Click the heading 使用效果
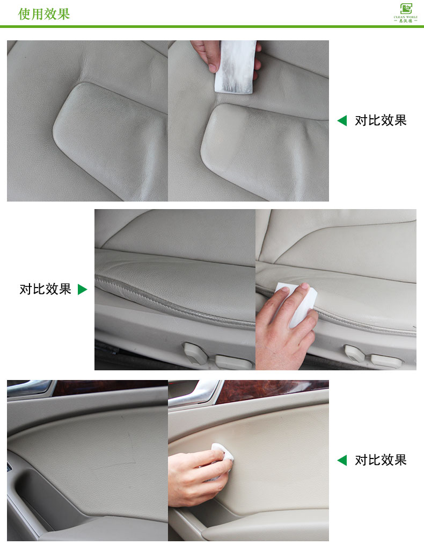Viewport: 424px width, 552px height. click(44, 14)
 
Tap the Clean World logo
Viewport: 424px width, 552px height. click(405, 12)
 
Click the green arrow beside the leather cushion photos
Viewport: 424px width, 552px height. click(342, 120)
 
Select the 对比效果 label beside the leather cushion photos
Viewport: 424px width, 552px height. click(381, 120)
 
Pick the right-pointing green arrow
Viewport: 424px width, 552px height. click(82, 290)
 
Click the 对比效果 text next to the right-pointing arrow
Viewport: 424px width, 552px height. click(45, 289)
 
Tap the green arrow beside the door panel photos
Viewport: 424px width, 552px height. click(342, 460)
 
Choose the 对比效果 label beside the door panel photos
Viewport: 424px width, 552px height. click(381, 460)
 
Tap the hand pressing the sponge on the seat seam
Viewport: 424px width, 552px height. click(284, 336)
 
